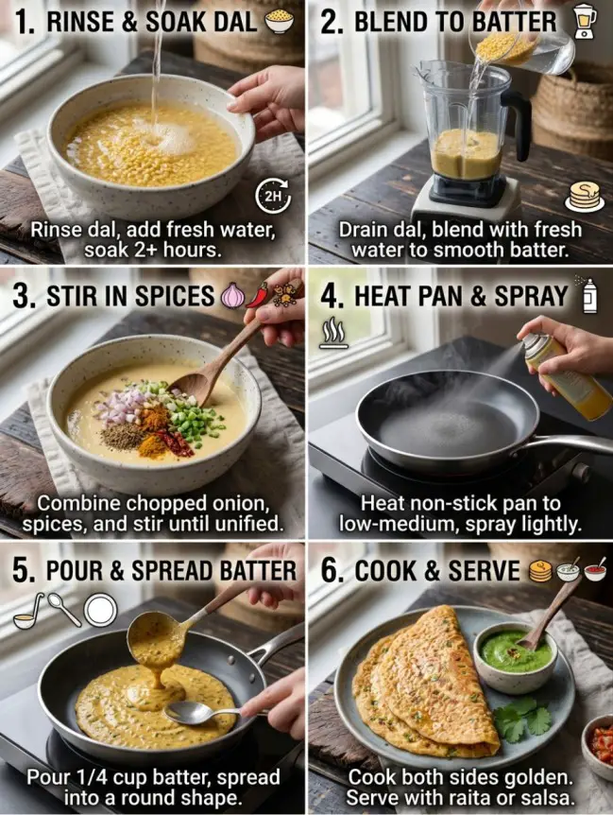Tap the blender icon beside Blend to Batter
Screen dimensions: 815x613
pos(586,20)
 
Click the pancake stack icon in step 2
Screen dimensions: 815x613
pos(585,198)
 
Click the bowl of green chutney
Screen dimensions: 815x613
pos(515,654)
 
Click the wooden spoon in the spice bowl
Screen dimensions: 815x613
pos(213,367)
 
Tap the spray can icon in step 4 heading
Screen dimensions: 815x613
pos(590,295)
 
